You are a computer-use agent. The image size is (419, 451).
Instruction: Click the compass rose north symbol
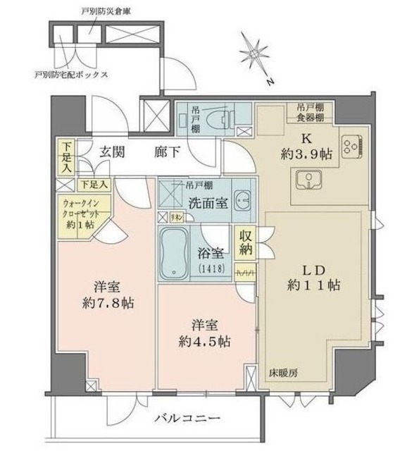(256, 55)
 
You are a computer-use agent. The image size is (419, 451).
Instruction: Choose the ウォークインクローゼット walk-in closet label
(77, 209)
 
